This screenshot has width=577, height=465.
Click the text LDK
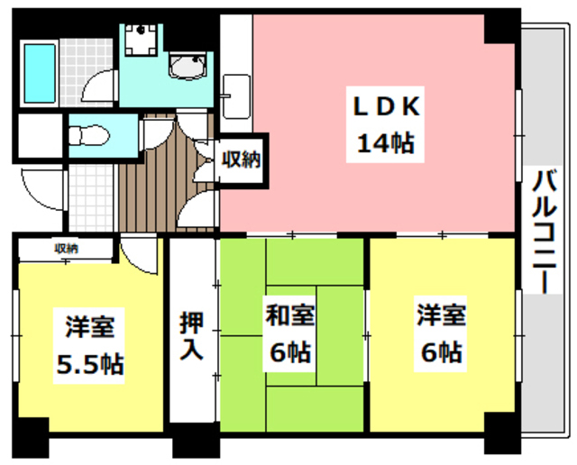coord(385,106)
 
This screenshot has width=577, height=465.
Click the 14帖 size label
coord(385,142)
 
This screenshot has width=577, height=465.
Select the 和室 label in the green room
coord(288,316)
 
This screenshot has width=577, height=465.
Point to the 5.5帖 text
coord(89,363)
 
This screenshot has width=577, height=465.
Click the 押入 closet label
coord(190,335)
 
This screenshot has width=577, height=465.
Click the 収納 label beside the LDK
coord(241,160)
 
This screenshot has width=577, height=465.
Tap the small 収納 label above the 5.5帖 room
coord(65,248)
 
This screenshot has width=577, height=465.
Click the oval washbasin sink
coord(188,66)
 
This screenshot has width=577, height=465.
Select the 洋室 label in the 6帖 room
coord(440,316)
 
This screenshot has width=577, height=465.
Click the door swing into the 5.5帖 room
coord(141,256)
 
